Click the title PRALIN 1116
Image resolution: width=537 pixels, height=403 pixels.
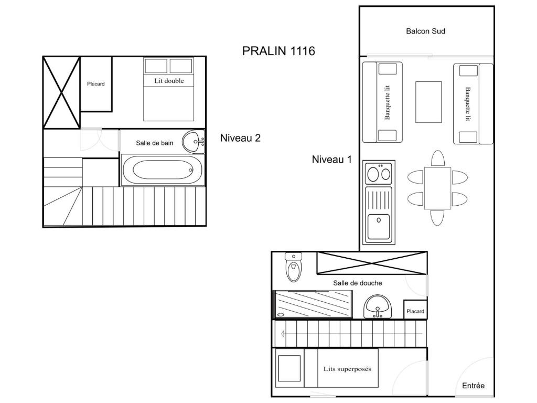pos(278,51)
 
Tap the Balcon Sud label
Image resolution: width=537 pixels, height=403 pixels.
pos(425,31)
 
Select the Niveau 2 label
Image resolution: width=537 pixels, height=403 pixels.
pos(240,138)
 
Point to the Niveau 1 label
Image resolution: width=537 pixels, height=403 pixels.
pos(331,160)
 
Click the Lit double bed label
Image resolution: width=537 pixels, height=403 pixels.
pos(169,81)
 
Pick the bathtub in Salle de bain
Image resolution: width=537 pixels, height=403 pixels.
pos(163,170)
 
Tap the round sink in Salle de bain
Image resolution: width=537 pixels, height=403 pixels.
pos(194,141)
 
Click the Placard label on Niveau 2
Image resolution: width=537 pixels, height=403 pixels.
pos(95,84)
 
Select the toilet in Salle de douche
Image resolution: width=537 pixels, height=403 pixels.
pos(294,267)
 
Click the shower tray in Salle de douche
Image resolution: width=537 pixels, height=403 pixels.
pos(313,304)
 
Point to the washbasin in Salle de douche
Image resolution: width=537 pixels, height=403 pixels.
pos(377,306)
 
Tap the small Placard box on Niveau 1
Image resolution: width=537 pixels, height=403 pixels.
pos(415,310)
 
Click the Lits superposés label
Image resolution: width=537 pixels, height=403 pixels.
pos(347,369)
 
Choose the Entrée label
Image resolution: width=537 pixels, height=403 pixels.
pos(474,386)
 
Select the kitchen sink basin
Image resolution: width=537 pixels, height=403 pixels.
pos(379,226)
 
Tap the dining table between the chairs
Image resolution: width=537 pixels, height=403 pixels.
pos(437,188)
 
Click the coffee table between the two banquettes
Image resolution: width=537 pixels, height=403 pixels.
pos(428,102)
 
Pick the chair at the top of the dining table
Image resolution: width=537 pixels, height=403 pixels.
pos(438,158)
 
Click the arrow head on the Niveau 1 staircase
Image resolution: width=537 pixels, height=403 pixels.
pos(283,333)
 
